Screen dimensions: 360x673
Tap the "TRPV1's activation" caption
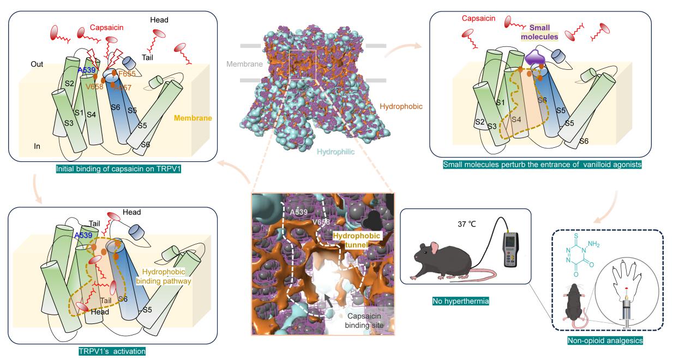113,352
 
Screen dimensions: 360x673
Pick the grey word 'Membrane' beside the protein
245,64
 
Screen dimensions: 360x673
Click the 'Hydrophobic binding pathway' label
164,277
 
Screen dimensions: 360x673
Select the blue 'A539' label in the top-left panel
87,70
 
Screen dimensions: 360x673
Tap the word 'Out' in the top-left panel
38,64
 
